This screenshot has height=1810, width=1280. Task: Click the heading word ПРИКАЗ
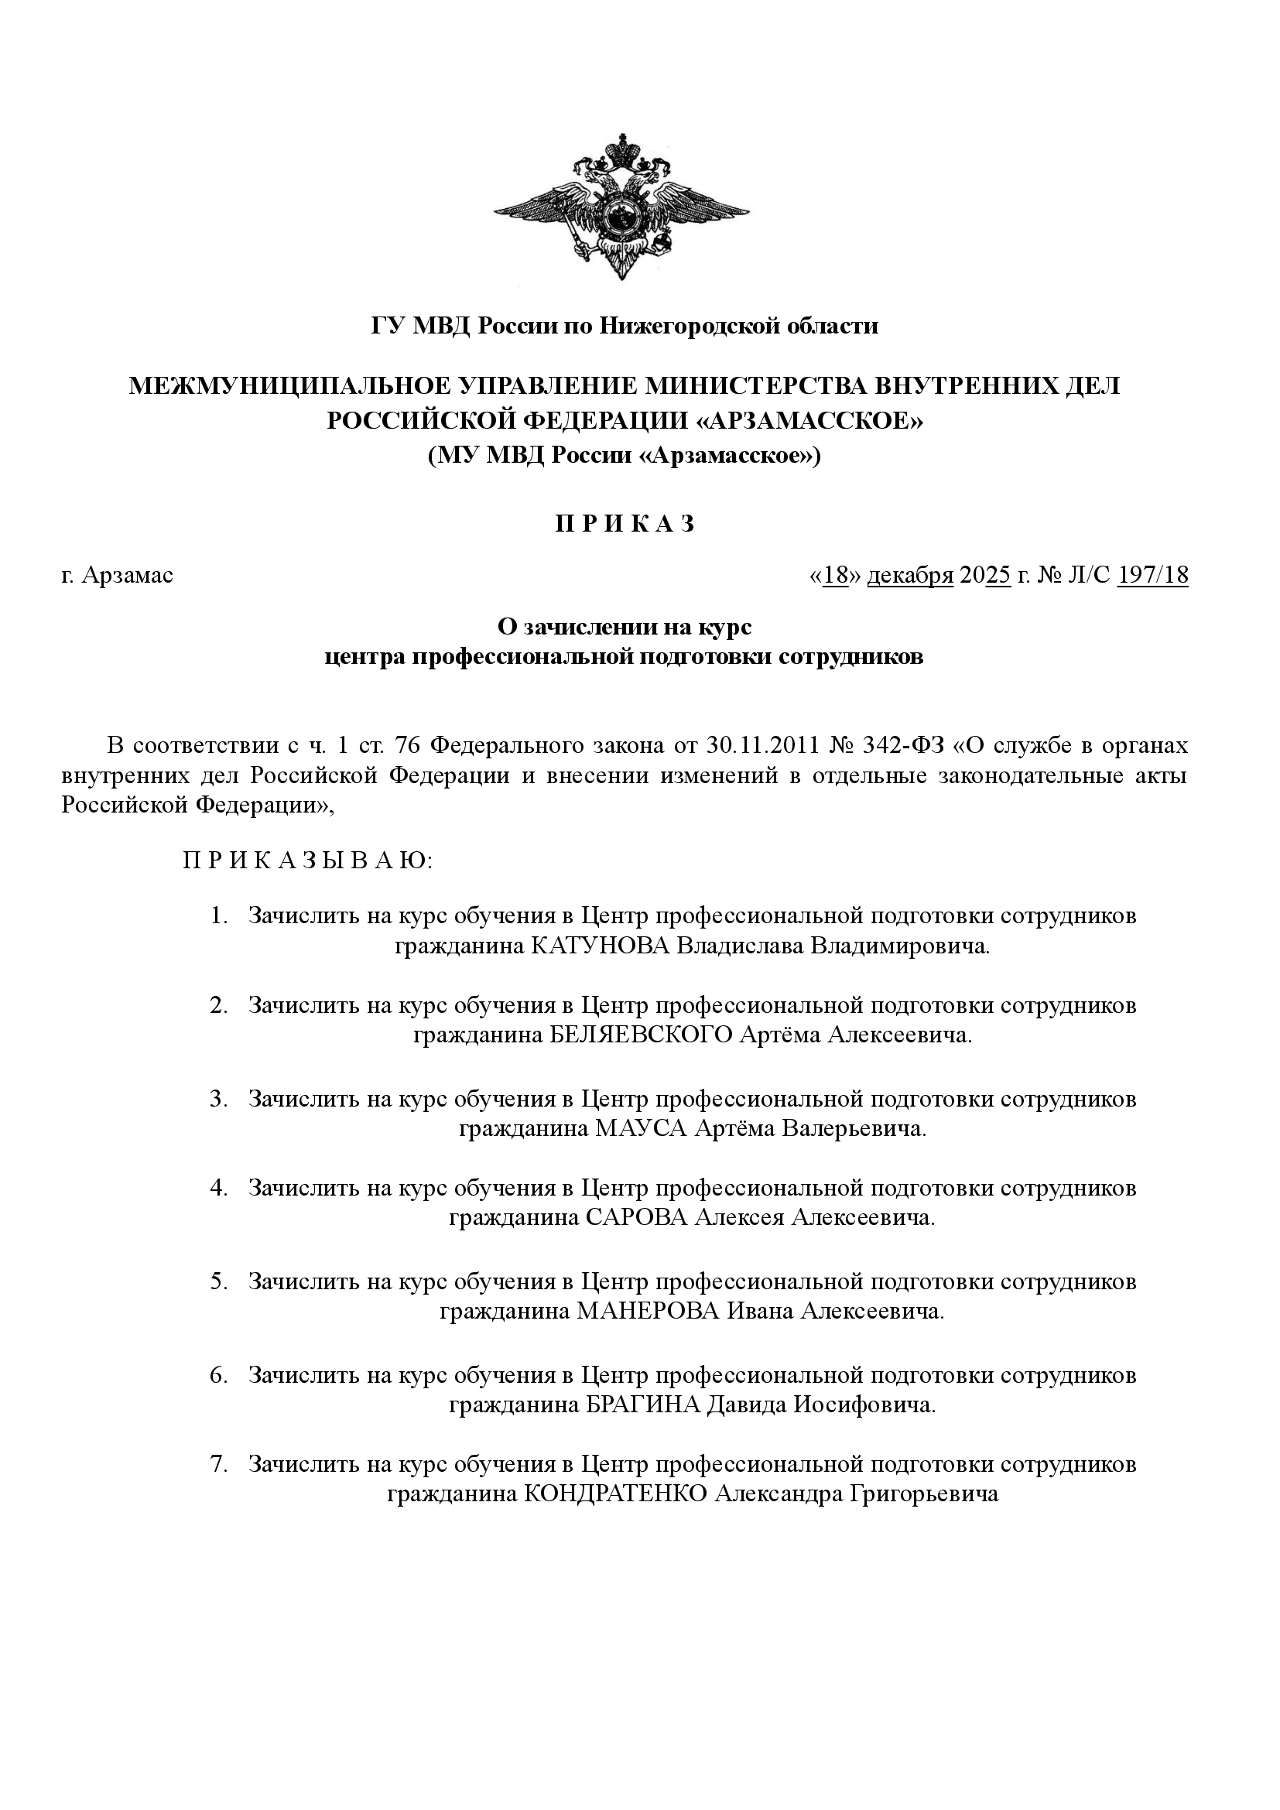(x=625, y=524)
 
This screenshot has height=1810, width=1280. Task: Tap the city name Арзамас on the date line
(x=127, y=576)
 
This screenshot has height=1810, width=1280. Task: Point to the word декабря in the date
(x=910, y=576)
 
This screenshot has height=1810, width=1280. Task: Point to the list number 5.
(x=217, y=1281)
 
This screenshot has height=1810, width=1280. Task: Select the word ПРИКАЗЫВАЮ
(x=307, y=860)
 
